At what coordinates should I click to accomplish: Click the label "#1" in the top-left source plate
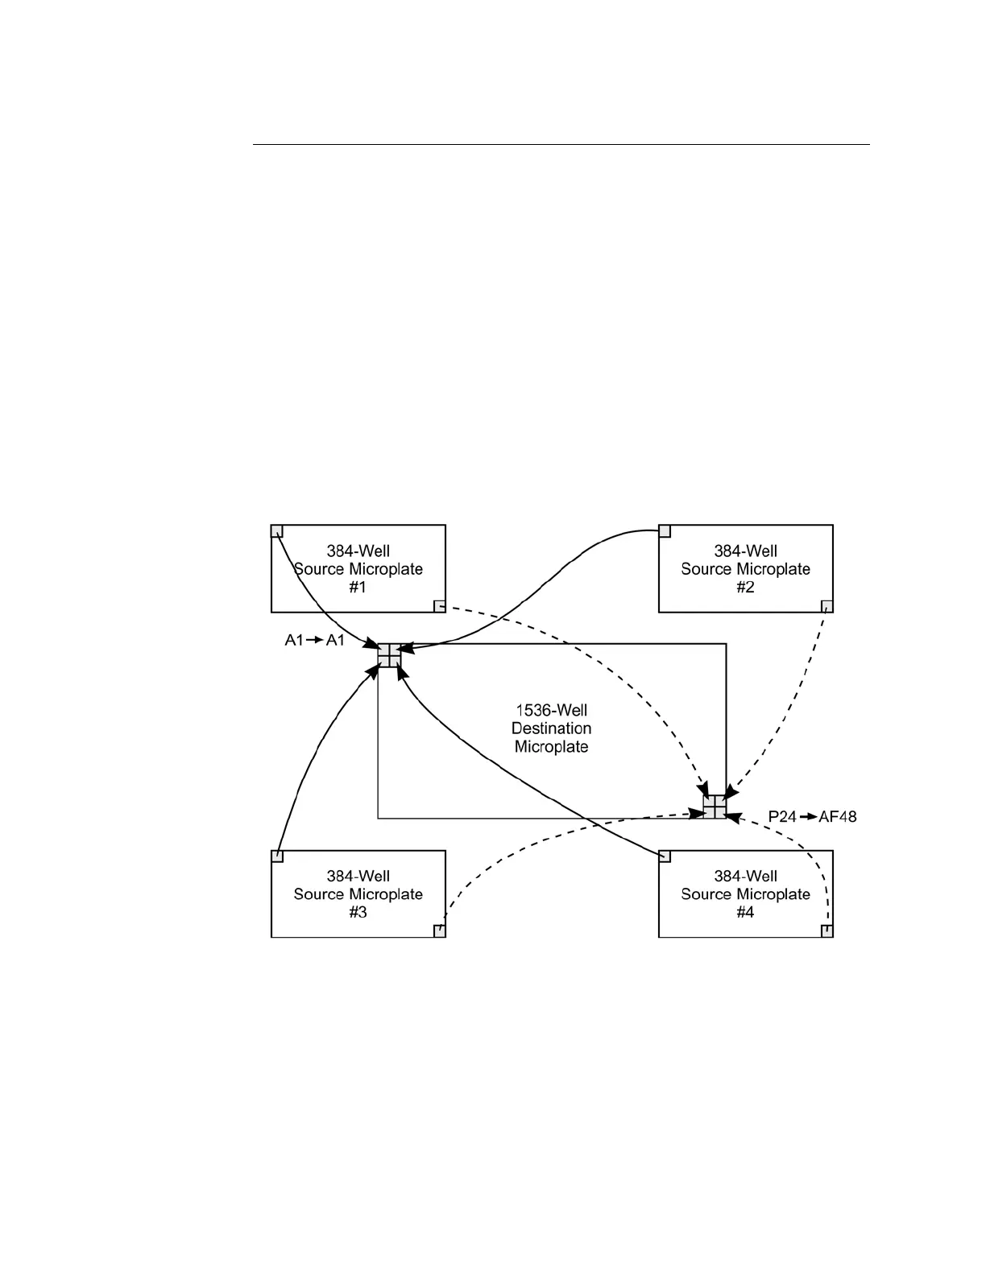click(x=358, y=588)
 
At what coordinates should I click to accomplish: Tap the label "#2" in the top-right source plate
click(x=745, y=588)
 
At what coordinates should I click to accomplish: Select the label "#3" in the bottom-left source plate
click(x=358, y=913)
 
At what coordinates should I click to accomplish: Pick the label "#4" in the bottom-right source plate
click(x=745, y=913)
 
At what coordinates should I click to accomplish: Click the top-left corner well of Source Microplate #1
click(x=277, y=531)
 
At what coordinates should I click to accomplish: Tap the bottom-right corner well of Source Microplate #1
click(x=440, y=606)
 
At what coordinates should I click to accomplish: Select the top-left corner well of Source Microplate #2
click(x=665, y=531)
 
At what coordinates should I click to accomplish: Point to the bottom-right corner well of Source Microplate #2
click(x=826, y=606)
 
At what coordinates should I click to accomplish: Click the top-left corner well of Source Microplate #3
click(x=277, y=856)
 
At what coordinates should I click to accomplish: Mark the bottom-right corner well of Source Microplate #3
click(x=440, y=931)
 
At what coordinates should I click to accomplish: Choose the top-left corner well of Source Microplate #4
click(x=665, y=856)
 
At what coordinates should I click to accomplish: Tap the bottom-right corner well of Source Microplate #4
click(x=826, y=931)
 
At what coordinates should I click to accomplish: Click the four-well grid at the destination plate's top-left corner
click(x=389, y=655)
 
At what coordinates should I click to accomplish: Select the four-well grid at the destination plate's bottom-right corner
click(x=715, y=807)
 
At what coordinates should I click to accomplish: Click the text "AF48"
click(x=838, y=817)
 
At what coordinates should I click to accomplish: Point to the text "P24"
click(x=781, y=817)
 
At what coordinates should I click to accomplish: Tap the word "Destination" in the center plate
click(x=552, y=728)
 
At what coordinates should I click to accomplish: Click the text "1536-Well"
click(x=552, y=711)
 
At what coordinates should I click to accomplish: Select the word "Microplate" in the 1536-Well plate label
click(x=552, y=747)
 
